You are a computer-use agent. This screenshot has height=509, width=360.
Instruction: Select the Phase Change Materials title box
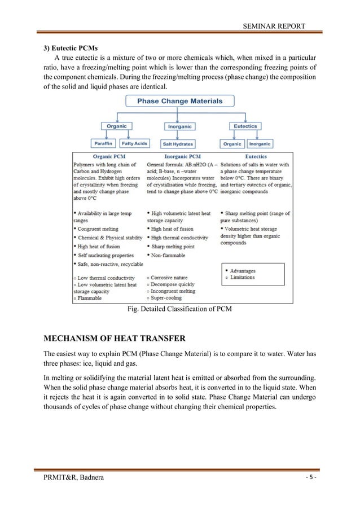(x=181, y=102)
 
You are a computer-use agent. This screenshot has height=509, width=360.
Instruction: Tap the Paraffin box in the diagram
(x=103, y=143)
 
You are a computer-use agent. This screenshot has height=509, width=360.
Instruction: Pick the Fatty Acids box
(x=135, y=143)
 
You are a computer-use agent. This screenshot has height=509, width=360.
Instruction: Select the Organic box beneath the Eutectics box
(x=232, y=144)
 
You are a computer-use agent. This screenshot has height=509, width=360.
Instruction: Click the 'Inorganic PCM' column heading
(x=182, y=156)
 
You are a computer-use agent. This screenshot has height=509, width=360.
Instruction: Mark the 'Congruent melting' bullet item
(x=98, y=229)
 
